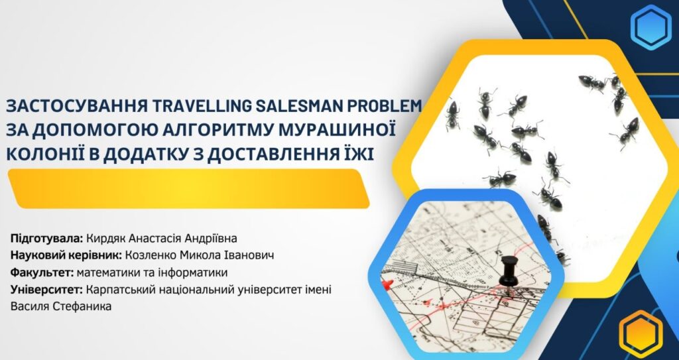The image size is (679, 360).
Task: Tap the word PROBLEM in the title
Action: pos(384,105)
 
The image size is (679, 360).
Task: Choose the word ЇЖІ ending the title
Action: pos(359,153)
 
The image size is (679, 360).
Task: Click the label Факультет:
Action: pos(42,272)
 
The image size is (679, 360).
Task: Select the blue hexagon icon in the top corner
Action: pos(651,27)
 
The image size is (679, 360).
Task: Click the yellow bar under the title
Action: pos(189,188)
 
